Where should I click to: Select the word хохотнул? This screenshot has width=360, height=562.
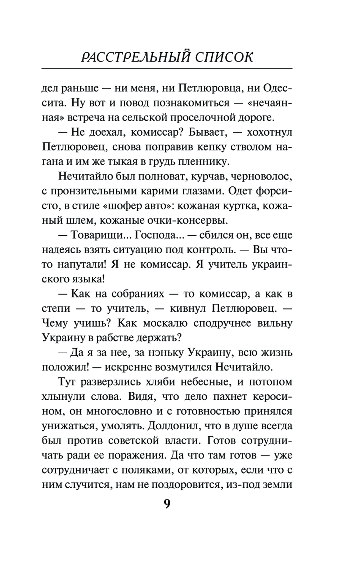click(x=269, y=132)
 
